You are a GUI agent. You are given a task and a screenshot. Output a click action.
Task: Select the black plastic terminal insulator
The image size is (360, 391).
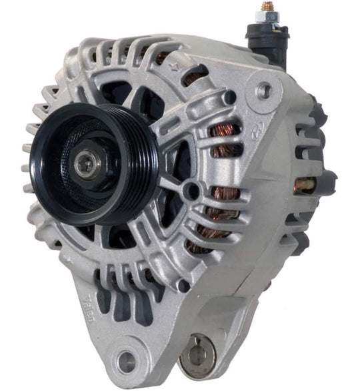point(267,40)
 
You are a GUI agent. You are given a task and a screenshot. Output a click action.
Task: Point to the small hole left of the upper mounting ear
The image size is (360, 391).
point(230,97)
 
